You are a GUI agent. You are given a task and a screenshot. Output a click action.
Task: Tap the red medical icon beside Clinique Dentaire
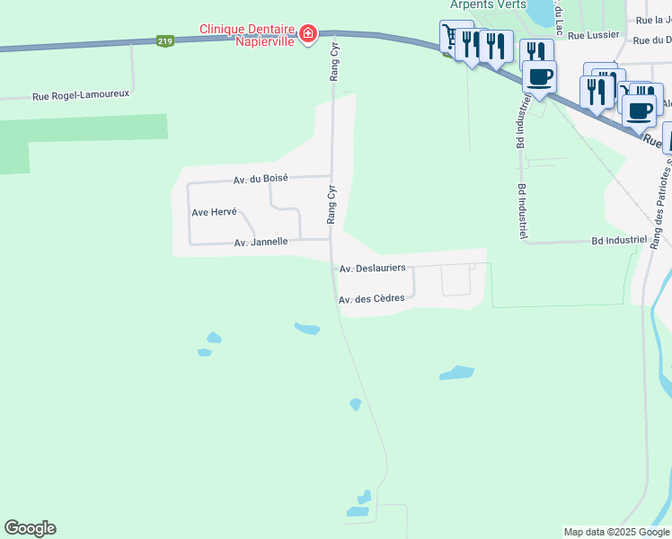tap(307, 34)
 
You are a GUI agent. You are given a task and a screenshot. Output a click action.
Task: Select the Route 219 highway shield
tap(164, 41)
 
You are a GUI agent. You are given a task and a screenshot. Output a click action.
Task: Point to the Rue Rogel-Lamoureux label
tap(81, 93)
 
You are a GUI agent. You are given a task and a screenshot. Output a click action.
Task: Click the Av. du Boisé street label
tap(261, 179)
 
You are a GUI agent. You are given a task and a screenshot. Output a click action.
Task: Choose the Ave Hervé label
tap(214, 212)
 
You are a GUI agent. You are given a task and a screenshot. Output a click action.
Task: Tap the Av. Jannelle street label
tap(261, 242)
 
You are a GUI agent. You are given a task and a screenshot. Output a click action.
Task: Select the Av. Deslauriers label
tap(373, 268)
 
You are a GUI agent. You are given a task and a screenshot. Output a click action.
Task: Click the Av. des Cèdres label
tap(372, 299)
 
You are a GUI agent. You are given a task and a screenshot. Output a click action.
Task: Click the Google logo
tap(30, 528)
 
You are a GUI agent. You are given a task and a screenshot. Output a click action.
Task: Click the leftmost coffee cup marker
tap(539, 77)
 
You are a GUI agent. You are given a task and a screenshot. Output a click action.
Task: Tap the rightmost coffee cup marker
tap(639, 110)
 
